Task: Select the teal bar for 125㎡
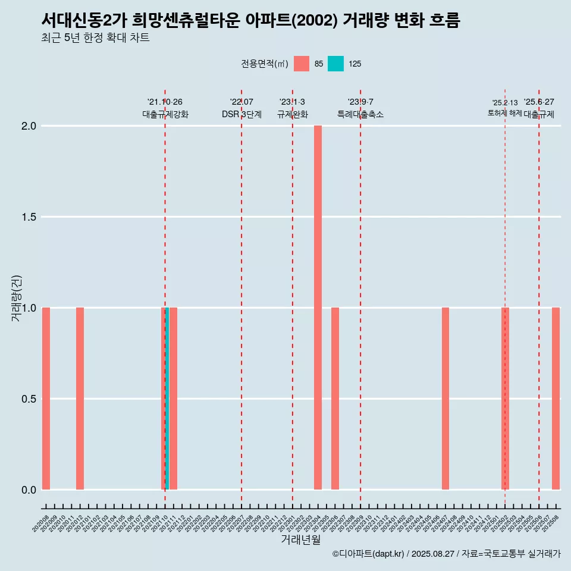[x=167, y=399]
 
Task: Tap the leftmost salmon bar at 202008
[x=46, y=399]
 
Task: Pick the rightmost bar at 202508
[x=556, y=399]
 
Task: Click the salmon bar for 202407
[x=445, y=399]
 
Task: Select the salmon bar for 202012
[x=80, y=399]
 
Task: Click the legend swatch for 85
[x=302, y=64]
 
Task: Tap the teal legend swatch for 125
[x=336, y=64]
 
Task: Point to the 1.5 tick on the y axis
[x=29, y=217]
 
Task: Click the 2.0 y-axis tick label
[x=29, y=126]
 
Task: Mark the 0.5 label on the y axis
[x=29, y=399]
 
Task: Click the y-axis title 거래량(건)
[x=16, y=298]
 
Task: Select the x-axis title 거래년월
[x=300, y=540]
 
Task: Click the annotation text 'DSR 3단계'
[x=241, y=114]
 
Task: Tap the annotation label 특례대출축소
[x=360, y=114]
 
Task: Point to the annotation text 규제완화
[x=292, y=114]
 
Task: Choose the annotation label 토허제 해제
[x=504, y=113]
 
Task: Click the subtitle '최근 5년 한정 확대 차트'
[x=95, y=38]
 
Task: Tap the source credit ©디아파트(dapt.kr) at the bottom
[x=368, y=554]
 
